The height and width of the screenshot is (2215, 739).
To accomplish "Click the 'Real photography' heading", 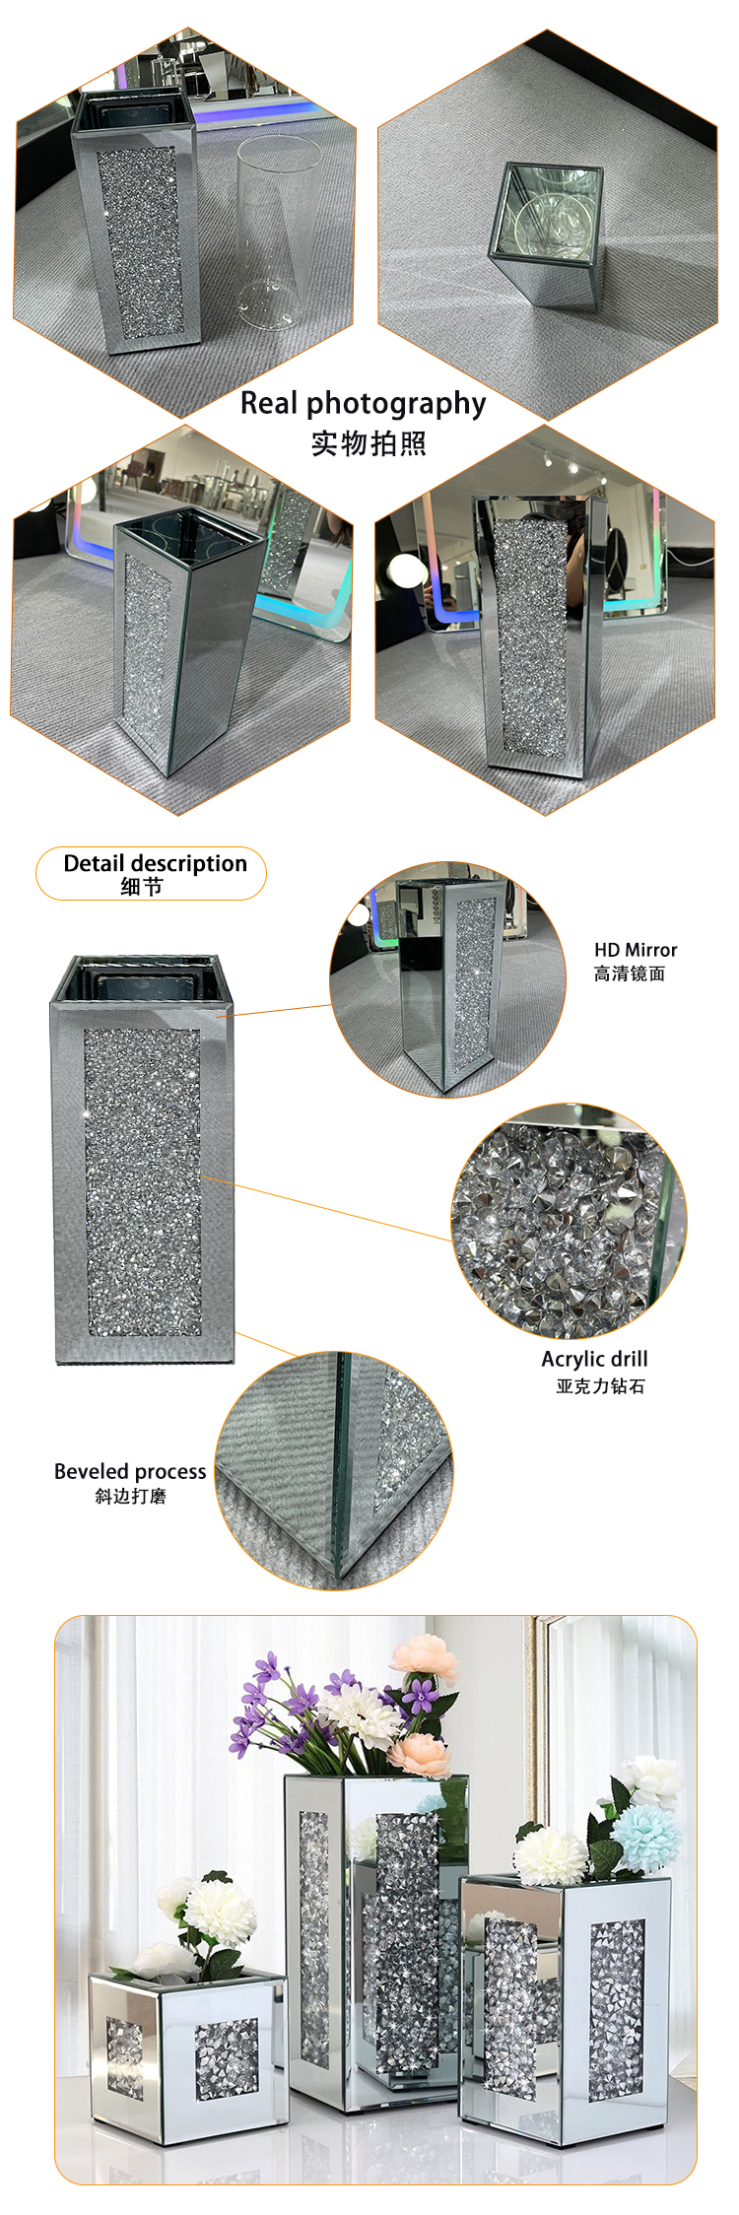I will click(x=363, y=403).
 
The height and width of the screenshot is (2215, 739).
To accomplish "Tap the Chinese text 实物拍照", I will click(x=369, y=443).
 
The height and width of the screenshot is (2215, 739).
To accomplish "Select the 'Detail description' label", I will click(x=155, y=863).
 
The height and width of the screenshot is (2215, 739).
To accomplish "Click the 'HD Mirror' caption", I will click(x=635, y=950).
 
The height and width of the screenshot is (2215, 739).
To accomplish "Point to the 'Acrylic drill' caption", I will click(x=594, y=1359).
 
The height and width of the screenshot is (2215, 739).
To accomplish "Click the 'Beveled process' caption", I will click(x=130, y=1471).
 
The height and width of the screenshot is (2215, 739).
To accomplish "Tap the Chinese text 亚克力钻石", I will click(x=600, y=1386).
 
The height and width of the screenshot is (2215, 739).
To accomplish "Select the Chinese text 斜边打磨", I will click(x=130, y=1496).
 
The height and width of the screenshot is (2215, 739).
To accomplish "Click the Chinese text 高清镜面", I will click(x=629, y=973).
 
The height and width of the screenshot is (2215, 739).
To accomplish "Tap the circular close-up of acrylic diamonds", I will click(x=569, y=1221).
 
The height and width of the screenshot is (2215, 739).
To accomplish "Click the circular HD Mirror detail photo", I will click(x=447, y=979).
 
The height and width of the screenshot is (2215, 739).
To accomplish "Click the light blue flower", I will click(x=645, y=1834).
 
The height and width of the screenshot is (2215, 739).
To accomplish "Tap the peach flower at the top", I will click(x=425, y=1656).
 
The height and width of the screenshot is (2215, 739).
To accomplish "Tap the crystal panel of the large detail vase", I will click(x=143, y=1182).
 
